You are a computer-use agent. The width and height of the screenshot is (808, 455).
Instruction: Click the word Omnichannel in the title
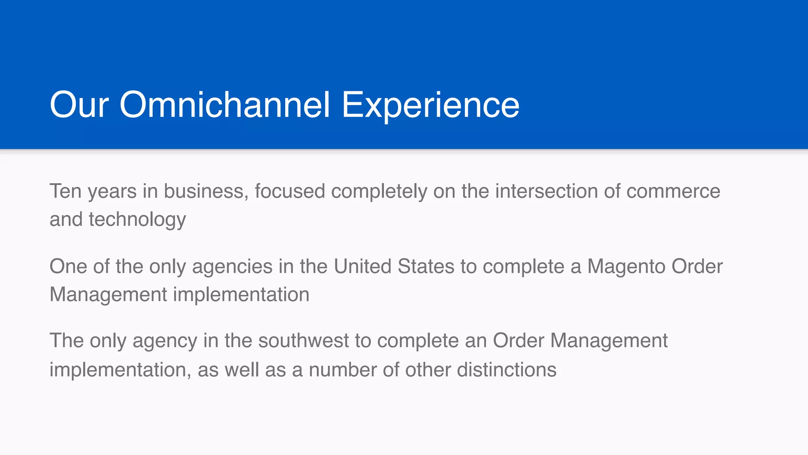(x=224, y=105)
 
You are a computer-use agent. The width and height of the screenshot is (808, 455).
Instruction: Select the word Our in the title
(x=79, y=105)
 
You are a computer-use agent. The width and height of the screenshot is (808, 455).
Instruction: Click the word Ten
(x=65, y=191)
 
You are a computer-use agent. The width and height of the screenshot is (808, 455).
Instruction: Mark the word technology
(x=137, y=220)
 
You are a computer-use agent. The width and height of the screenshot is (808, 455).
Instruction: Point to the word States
(x=426, y=266)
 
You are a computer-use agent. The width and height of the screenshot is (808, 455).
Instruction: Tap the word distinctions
(x=507, y=370)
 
